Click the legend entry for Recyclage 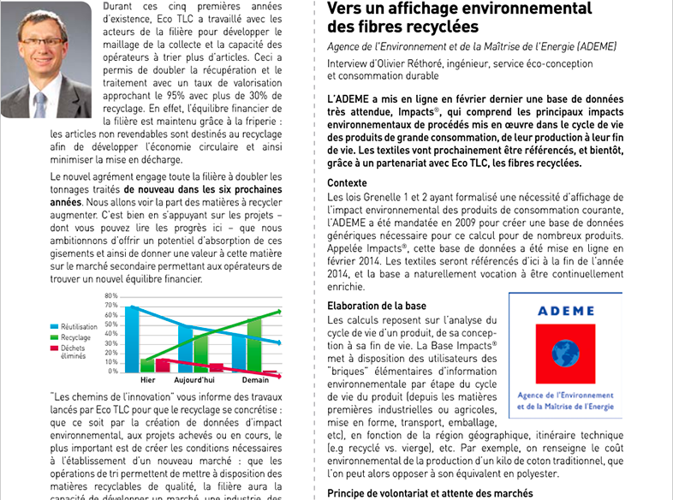[x=76, y=337]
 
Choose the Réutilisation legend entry [x=79, y=327]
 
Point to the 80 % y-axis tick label [x=110, y=295]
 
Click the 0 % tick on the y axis [x=113, y=371]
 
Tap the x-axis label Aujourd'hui [x=196, y=380]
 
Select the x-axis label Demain [x=255, y=380]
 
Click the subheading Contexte [x=347, y=183]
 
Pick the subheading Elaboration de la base [x=377, y=306]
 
